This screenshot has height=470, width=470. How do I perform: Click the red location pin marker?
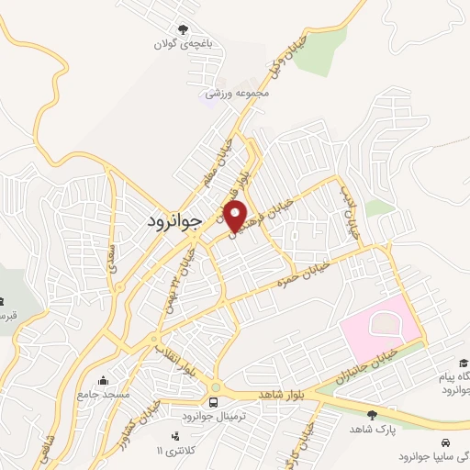[236, 215]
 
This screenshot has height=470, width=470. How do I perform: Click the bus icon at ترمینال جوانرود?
[214, 402]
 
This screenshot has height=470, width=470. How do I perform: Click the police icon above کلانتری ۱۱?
[174, 435]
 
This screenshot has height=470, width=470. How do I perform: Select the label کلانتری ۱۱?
[175, 451]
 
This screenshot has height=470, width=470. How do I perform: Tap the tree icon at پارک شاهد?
[372, 414]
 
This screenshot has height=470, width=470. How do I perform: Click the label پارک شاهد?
[372, 429]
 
